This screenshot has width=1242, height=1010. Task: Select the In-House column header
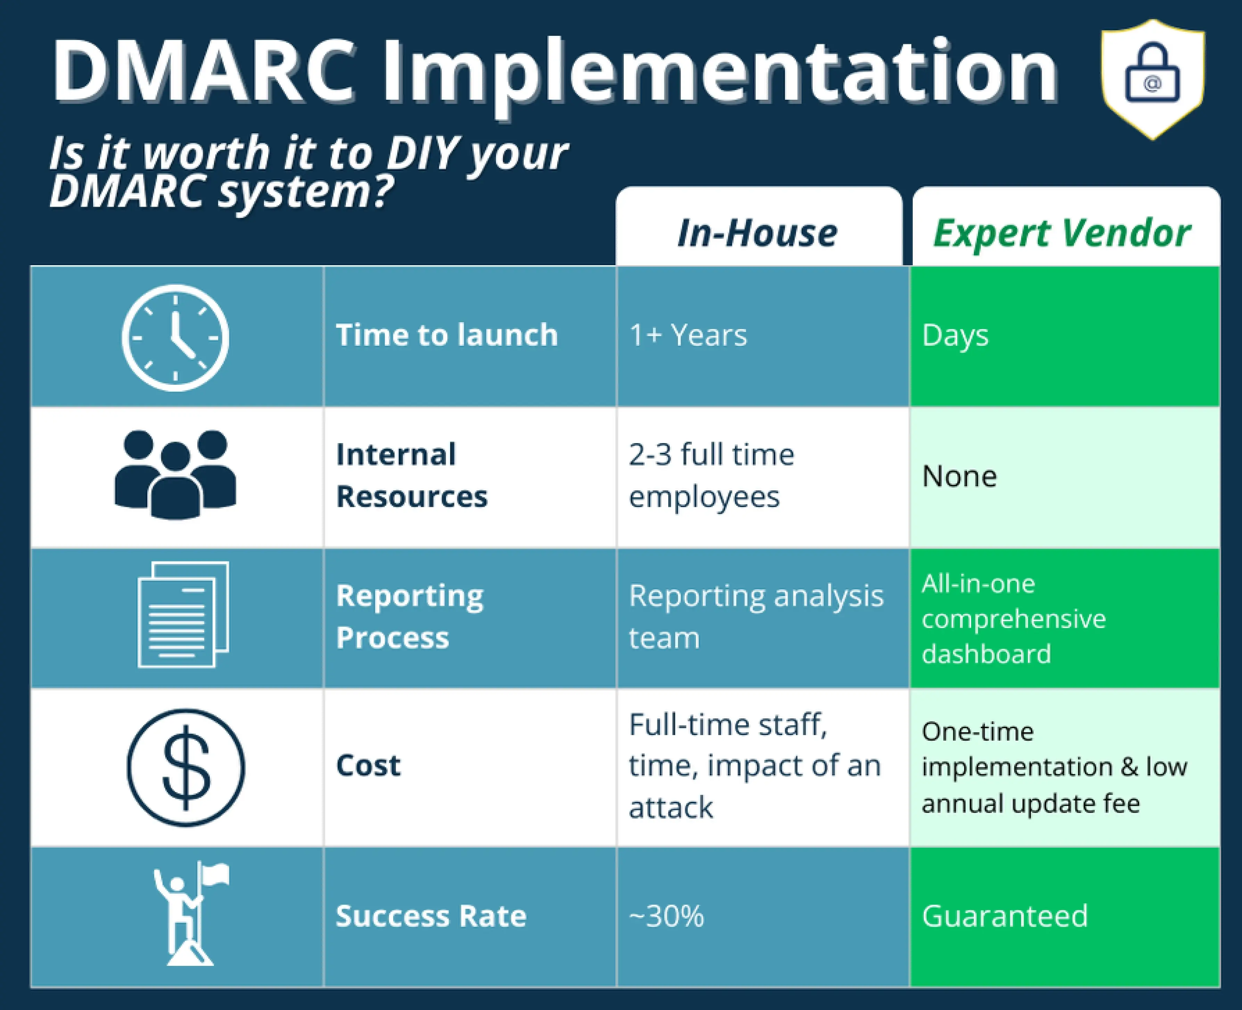(757, 233)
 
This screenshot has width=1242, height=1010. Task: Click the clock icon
(175, 337)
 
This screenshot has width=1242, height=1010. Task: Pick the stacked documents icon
(183, 614)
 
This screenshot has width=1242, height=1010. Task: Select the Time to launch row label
(447, 335)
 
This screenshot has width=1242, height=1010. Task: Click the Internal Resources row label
(412, 475)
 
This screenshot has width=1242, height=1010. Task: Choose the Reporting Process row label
(409, 616)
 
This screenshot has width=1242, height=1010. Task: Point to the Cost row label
(368, 765)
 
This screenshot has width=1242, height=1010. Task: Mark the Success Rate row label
(431, 916)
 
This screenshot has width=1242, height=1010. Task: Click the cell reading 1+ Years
(688, 335)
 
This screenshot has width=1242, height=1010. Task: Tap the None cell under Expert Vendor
(959, 476)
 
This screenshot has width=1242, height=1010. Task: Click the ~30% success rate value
(666, 916)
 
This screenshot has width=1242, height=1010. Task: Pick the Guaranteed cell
(1005, 916)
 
